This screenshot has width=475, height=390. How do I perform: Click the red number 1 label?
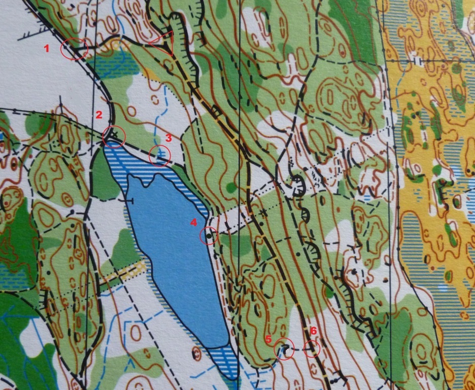click(47, 49)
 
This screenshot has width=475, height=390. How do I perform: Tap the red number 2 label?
click(99, 115)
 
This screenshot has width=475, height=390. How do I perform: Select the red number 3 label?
click(169, 138)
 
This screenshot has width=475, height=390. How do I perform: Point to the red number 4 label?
click(193, 222)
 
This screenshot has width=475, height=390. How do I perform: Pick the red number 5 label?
click(268, 339)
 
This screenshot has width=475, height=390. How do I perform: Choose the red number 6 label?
click(313, 331)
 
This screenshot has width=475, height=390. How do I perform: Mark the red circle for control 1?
click(74, 49)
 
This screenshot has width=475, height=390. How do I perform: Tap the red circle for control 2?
click(114, 137)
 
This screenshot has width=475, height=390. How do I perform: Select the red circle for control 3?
click(160, 155)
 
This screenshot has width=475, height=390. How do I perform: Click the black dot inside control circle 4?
click(209, 236)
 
